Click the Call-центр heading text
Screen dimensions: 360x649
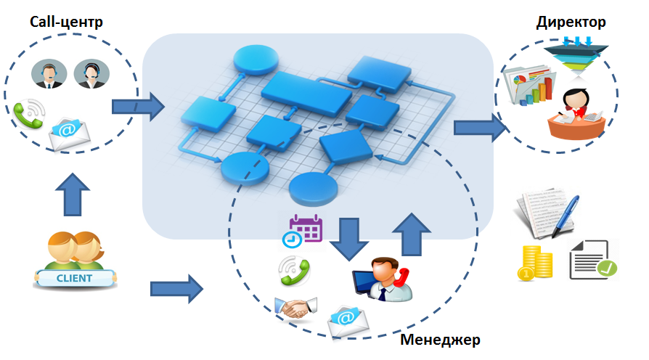click(66, 22)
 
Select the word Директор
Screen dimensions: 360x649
click(571, 22)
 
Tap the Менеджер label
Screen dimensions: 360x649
click(441, 340)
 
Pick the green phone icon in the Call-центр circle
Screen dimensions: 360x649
click(29, 113)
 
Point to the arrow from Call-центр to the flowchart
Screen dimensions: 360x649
click(138, 107)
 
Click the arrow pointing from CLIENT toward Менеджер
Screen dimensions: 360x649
click(176, 289)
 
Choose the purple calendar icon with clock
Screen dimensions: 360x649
click(304, 230)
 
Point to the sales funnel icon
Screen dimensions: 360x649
click(576, 55)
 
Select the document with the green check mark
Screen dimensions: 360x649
click(592, 259)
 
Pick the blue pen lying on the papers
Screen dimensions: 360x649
click(567, 213)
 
